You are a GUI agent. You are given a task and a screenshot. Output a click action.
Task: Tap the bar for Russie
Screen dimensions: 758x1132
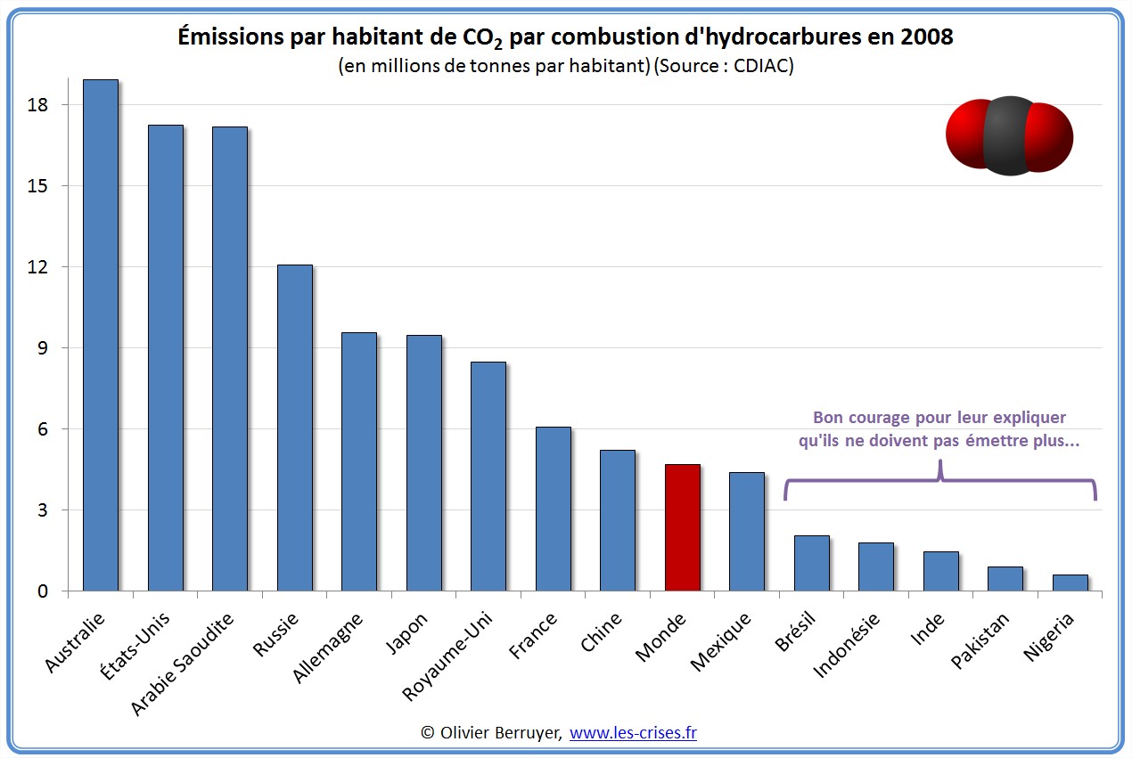(x=294, y=428)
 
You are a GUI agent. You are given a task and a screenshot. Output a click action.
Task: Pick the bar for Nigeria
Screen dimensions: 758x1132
(x=1070, y=583)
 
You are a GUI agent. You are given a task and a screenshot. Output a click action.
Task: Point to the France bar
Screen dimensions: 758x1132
(x=553, y=509)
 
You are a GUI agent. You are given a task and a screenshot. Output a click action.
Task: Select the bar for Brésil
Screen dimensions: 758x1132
(x=811, y=563)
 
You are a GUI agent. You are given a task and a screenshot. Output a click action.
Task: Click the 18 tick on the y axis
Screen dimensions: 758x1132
(x=37, y=105)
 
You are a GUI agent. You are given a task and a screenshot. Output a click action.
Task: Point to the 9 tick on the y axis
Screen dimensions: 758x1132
(x=41, y=348)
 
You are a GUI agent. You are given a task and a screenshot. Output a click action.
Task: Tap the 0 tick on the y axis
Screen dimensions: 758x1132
(x=41, y=591)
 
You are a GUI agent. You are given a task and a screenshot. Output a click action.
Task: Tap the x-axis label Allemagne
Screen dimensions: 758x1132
(x=328, y=648)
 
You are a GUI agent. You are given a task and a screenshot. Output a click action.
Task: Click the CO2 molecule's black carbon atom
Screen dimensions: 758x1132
(x=1009, y=135)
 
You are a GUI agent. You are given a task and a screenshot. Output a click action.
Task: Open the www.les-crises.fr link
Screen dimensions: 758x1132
(x=633, y=733)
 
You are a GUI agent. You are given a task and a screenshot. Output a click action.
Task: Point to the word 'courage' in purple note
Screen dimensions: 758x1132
(x=890, y=418)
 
